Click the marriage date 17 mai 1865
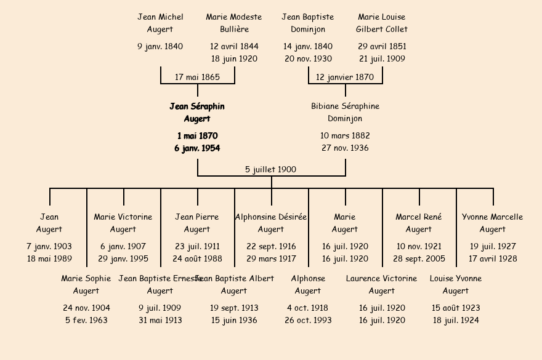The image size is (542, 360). click(197, 78)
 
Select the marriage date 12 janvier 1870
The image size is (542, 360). click(345, 78)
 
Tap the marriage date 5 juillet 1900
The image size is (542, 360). click(271, 170)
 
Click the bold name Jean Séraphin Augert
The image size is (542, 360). click(197, 113)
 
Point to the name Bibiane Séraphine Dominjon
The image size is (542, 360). click(345, 113)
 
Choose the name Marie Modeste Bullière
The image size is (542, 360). click(234, 23)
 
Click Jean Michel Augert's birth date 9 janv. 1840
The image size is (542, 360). click(160, 47)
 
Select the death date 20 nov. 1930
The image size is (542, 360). click(308, 59)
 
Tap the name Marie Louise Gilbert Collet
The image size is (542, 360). click(382, 23)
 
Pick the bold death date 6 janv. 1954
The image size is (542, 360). click(197, 148)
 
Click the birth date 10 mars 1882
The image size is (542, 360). click(345, 136)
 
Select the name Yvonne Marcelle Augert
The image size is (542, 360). click(493, 223)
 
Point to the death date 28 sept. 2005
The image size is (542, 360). click(419, 259)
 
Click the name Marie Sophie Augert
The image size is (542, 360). click(86, 285)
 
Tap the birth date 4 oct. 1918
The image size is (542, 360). click(308, 308)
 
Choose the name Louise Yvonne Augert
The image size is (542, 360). click(456, 285)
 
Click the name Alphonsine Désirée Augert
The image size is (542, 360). click(271, 223)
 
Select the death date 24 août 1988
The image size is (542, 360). click(197, 259)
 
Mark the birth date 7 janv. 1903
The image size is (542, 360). click(49, 247)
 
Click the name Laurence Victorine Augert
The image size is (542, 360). click(382, 285)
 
